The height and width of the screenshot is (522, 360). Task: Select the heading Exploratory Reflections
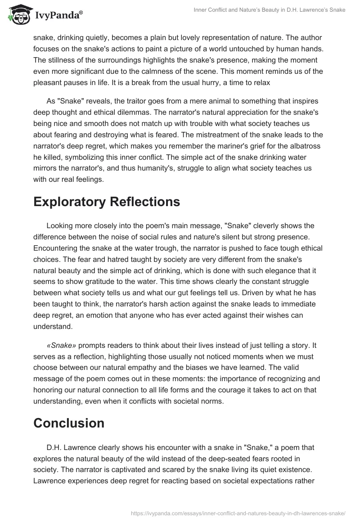[x=107, y=202]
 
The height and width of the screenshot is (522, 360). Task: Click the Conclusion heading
[x=69, y=423]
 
